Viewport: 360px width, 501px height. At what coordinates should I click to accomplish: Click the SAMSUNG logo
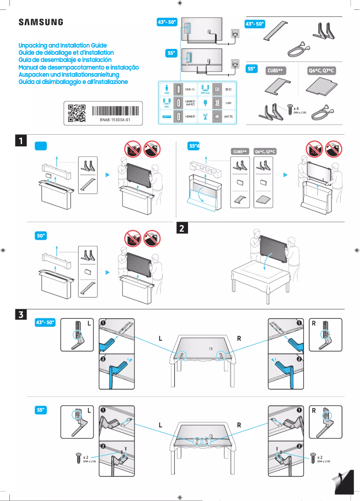pos(40,22)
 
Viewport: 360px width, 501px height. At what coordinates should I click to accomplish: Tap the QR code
pos(76,113)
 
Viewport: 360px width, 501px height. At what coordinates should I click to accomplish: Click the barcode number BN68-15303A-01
pos(115,120)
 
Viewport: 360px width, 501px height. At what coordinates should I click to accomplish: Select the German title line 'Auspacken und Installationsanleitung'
pos(69,75)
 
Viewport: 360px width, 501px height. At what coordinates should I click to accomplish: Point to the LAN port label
pos(228,103)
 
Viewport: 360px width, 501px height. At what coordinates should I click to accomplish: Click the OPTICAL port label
pos(205,93)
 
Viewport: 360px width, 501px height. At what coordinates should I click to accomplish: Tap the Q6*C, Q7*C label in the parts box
pos(322,70)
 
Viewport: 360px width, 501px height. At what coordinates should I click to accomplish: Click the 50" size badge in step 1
pos(41,236)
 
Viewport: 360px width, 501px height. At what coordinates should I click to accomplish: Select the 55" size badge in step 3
pos(41,410)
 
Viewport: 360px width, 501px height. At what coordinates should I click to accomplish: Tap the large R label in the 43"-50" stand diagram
pos(239,338)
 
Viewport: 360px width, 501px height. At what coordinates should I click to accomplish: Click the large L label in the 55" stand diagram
pos(161,425)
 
